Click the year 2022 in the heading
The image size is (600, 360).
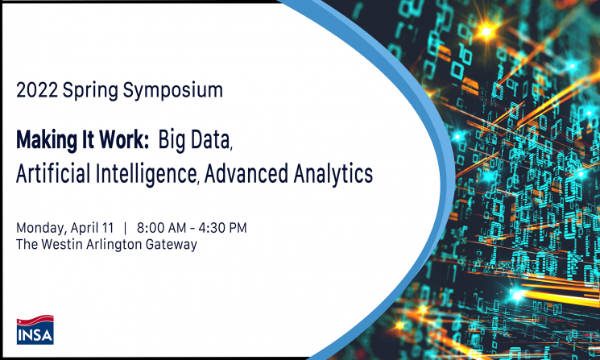coord(37,90)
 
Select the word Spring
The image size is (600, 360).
coord(90,91)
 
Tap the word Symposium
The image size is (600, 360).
coord(173,91)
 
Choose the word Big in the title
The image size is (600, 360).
coord(172,140)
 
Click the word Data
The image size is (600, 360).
coord(211,139)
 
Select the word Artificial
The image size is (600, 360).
coord(54,173)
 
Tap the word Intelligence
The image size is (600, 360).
coord(147,175)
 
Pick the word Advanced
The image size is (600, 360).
coord(246,173)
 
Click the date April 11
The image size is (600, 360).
coord(93,229)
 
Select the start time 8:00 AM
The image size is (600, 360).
coord(162,228)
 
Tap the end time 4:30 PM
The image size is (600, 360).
coord(223,228)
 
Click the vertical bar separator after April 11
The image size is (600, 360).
coord(125,228)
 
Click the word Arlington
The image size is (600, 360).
coord(114,245)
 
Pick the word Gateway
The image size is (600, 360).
coord(172,245)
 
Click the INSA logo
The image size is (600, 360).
coord(35,329)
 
